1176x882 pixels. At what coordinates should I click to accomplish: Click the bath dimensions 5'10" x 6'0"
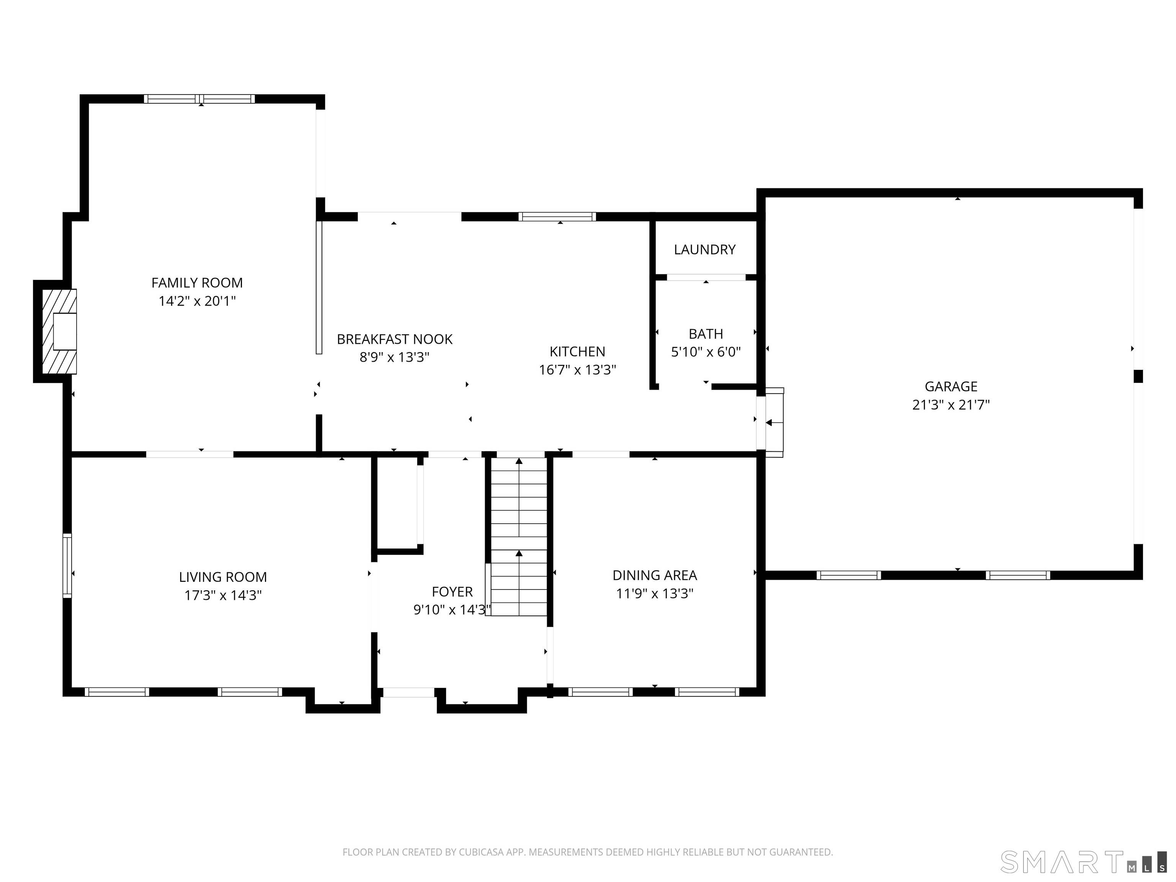[x=706, y=352]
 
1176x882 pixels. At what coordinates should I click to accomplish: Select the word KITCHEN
[x=577, y=351]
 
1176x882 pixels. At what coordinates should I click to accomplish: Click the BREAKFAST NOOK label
[x=394, y=339]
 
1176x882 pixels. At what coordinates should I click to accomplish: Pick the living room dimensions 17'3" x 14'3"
[x=223, y=595]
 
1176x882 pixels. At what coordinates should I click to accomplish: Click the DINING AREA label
[x=655, y=575]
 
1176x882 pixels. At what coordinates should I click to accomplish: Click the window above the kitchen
[x=557, y=216]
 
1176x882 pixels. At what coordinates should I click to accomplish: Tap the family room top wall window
[x=199, y=99]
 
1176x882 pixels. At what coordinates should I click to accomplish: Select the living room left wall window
[x=67, y=566]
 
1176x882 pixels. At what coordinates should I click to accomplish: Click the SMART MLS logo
[x=1083, y=862]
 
